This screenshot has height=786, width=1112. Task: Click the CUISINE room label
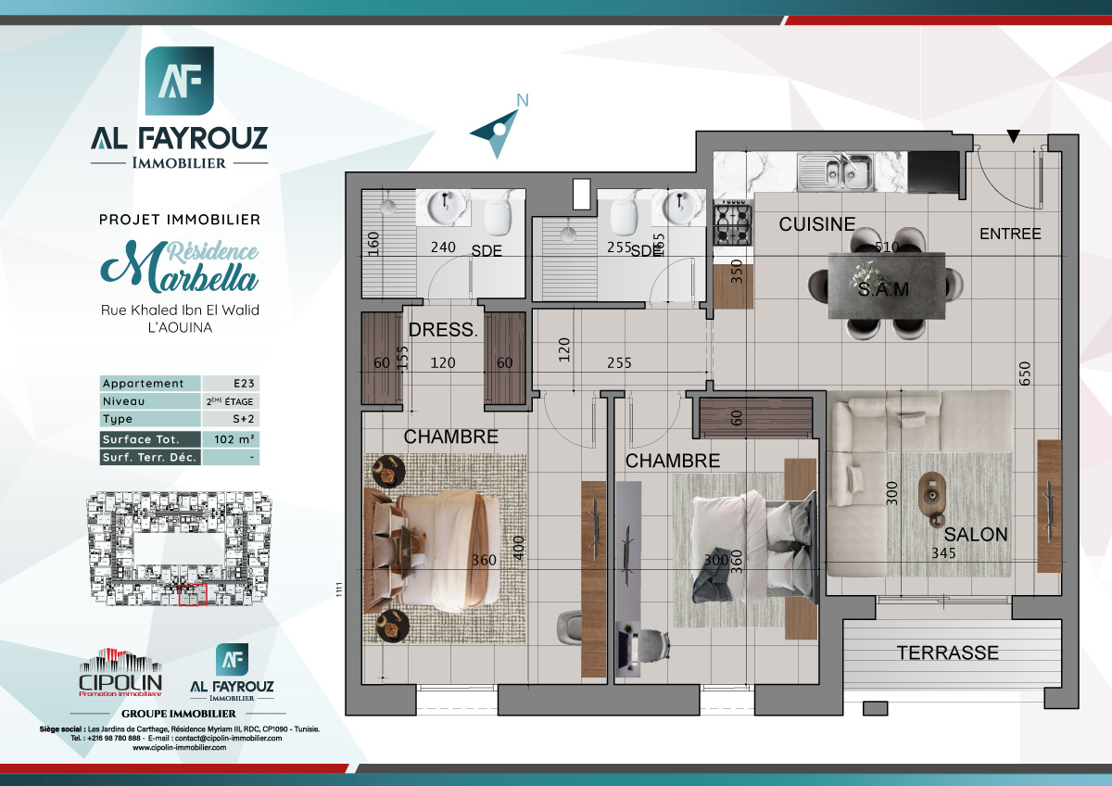click(x=816, y=224)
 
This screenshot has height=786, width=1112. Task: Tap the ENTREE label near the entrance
click(x=1010, y=234)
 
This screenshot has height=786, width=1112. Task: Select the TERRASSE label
click(x=947, y=653)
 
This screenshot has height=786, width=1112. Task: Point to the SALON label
click(x=975, y=535)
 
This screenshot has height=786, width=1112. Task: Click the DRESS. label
click(x=443, y=329)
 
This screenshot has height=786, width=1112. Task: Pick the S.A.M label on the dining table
click(x=882, y=290)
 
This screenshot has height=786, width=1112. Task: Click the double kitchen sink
click(x=837, y=171)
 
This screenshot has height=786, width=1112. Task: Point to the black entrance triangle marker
click(x=1015, y=137)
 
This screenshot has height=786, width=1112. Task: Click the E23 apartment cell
click(x=231, y=384)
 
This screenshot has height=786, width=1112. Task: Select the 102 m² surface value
click(x=231, y=439)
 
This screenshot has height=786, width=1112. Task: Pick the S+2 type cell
click(x=231, y=420)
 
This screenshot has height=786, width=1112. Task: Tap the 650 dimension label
click(x=1024, y=373)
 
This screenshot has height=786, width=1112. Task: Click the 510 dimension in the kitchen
click(x=888, y=247)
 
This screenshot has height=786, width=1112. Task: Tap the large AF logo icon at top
click(x=180, y=82)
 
